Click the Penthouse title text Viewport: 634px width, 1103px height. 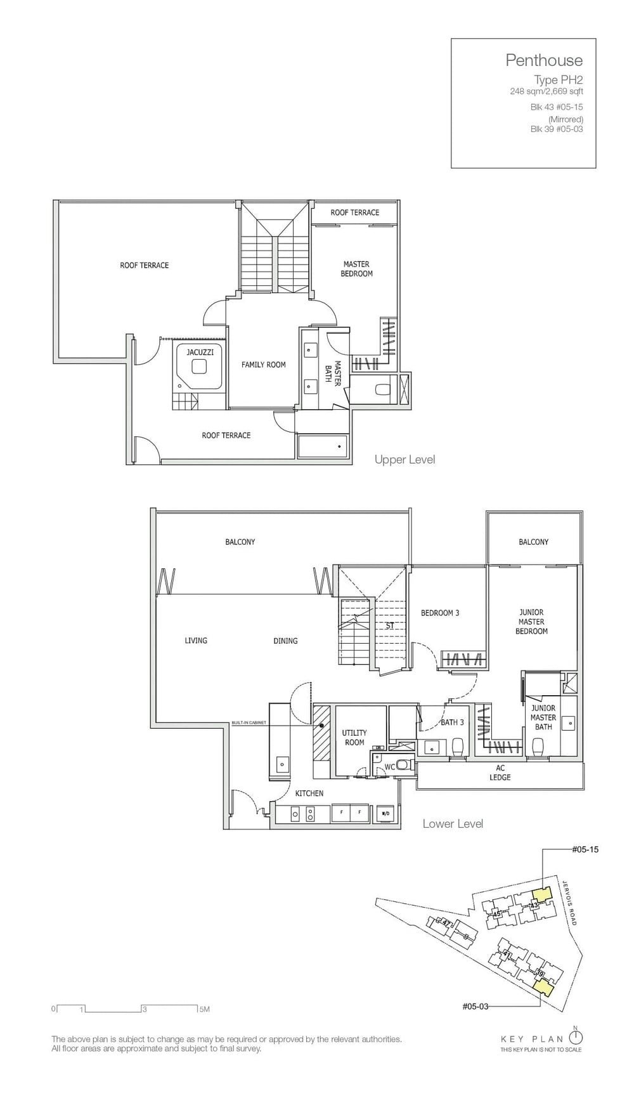(x=543, y=60)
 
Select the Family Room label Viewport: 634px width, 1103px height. (x=263, y=365)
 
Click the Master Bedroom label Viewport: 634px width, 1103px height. (x=356, y=269)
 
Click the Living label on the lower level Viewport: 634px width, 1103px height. (x=196, y=641)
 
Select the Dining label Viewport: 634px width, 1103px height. (x=285, y=641)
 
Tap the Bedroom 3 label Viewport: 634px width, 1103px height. (x=440, y=613)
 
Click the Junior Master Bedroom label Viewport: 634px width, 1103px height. (x=531, y=622)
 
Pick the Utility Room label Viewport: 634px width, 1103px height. (x=354, y=738)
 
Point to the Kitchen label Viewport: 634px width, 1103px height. (x=309, y=793)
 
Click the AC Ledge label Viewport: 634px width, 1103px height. (x=500, y=773)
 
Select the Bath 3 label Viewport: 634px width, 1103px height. (x=453, y=722)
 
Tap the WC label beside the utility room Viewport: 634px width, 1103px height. (x=391, y=767)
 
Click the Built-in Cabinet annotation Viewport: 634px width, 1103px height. (x=248, y=723)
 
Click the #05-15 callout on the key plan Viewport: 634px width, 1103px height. (x=585, y=849)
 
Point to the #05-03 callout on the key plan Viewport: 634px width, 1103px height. (x=475, y=1006)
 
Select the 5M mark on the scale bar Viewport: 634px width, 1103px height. (x=204, y=1008)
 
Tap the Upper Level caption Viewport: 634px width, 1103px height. (x=404, y=459)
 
